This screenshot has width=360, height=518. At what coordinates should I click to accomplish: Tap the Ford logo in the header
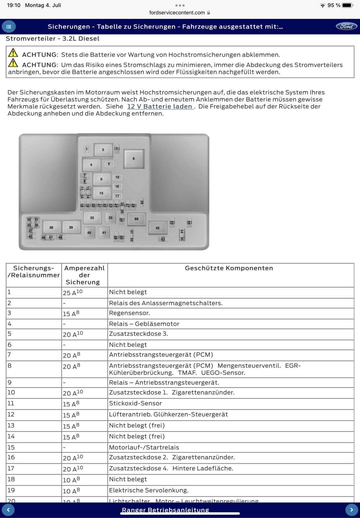346,27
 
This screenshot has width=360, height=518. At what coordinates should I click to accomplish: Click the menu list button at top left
9,27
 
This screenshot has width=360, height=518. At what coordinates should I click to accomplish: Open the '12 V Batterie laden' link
160,107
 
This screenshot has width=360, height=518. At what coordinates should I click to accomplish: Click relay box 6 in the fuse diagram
134,159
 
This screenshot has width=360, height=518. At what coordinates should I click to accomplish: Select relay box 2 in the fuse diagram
103,150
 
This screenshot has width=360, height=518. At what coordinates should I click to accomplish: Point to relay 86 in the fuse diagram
136,219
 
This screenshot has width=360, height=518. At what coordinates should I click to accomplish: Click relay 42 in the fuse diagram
158,228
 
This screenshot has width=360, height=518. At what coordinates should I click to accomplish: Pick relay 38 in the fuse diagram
51,228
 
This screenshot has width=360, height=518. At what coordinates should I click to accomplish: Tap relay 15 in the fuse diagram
101,193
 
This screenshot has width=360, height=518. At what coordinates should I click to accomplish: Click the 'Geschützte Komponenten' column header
229,268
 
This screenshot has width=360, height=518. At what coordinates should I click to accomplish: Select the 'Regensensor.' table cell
129,313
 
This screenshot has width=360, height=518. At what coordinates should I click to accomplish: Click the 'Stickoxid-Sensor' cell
135,403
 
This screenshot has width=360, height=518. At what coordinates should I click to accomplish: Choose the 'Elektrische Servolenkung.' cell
149,490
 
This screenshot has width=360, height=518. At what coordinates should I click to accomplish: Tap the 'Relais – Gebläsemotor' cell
144,324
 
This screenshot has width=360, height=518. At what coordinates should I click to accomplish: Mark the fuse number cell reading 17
11,468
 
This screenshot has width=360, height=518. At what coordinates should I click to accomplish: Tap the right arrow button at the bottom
352,510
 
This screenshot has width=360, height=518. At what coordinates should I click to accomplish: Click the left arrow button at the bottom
8,510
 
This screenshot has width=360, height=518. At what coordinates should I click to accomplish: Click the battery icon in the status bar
347,5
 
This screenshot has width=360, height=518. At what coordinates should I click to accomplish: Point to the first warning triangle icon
13,52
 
